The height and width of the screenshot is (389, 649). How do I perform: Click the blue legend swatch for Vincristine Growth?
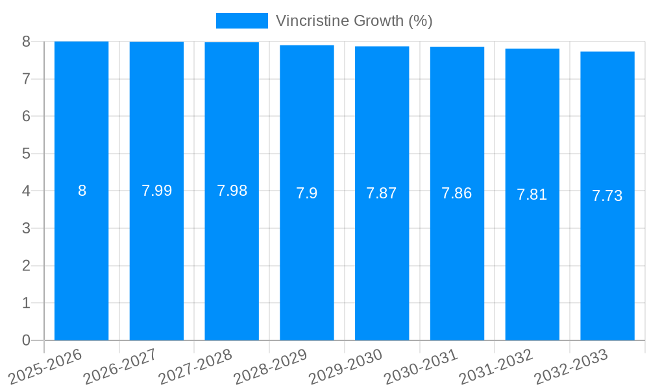241,21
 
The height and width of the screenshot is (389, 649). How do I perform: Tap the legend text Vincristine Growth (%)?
354,21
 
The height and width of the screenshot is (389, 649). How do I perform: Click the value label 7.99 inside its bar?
156,191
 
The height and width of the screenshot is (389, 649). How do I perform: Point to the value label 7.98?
232,191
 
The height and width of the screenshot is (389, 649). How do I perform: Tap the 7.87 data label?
382,193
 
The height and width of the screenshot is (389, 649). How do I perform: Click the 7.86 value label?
457,193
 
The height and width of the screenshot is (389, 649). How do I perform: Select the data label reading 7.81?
532,194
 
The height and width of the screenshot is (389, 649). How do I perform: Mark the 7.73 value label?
607,196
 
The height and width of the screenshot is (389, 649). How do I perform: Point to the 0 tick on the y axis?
26,340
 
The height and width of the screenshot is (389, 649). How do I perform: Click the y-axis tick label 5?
26,154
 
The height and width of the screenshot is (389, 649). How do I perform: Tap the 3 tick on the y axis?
26,228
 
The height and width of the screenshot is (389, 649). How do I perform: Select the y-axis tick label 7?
26,79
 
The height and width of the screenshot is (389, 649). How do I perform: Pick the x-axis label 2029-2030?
346,366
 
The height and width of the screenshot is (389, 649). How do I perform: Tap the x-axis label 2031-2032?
496,366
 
